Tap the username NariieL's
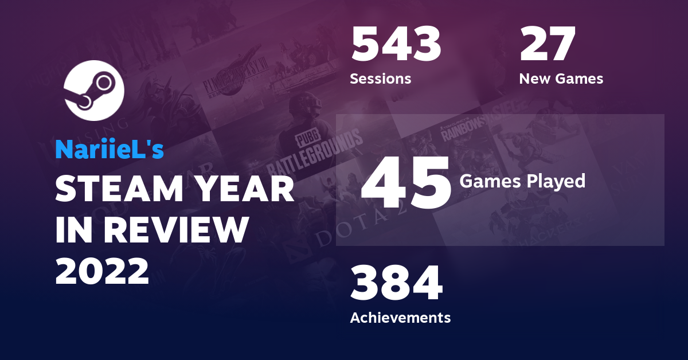(110, 150)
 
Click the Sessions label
(381, 79)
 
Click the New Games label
(561, 79)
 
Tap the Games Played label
(522, 181)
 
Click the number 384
(396, 283)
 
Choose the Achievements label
(400, 317)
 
